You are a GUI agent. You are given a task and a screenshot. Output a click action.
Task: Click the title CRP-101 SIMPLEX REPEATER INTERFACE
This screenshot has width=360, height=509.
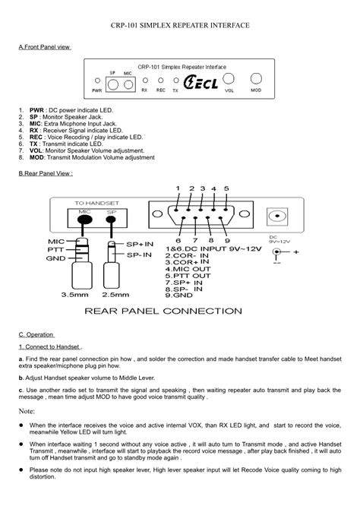pos(180,25)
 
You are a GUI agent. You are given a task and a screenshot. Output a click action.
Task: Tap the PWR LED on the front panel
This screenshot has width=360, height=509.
pos(97,80)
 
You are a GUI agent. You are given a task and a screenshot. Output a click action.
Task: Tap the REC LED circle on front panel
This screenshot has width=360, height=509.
pos(161,80)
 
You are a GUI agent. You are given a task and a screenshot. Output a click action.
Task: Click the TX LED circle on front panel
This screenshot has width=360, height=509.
pos(175,80)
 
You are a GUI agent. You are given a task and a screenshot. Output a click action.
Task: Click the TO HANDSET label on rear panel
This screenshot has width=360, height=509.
pos(96,203)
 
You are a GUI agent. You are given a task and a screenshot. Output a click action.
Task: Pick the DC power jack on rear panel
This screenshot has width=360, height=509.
pos(280,216)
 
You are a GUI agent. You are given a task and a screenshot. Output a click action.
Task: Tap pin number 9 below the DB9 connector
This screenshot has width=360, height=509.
pos(227,241)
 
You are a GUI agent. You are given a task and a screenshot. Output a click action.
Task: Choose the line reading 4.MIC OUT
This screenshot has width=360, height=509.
pos(189,268)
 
